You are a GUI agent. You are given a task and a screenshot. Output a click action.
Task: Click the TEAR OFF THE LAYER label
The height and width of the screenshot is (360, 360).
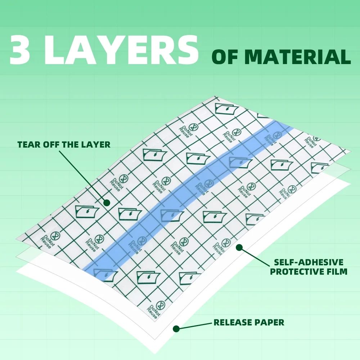pos(64,145)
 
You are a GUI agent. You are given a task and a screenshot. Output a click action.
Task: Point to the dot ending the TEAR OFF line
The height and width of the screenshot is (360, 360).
pos(107,203)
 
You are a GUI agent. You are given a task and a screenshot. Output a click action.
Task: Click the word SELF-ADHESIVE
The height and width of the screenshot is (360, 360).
pos(309,262)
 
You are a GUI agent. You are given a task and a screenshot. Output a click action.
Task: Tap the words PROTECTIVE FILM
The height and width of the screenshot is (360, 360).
pos(309,271)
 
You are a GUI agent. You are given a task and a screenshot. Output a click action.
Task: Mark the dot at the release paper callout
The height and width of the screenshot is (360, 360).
pos(176,328)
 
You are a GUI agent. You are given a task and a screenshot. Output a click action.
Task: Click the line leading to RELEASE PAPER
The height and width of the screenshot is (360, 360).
pos(194,325)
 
